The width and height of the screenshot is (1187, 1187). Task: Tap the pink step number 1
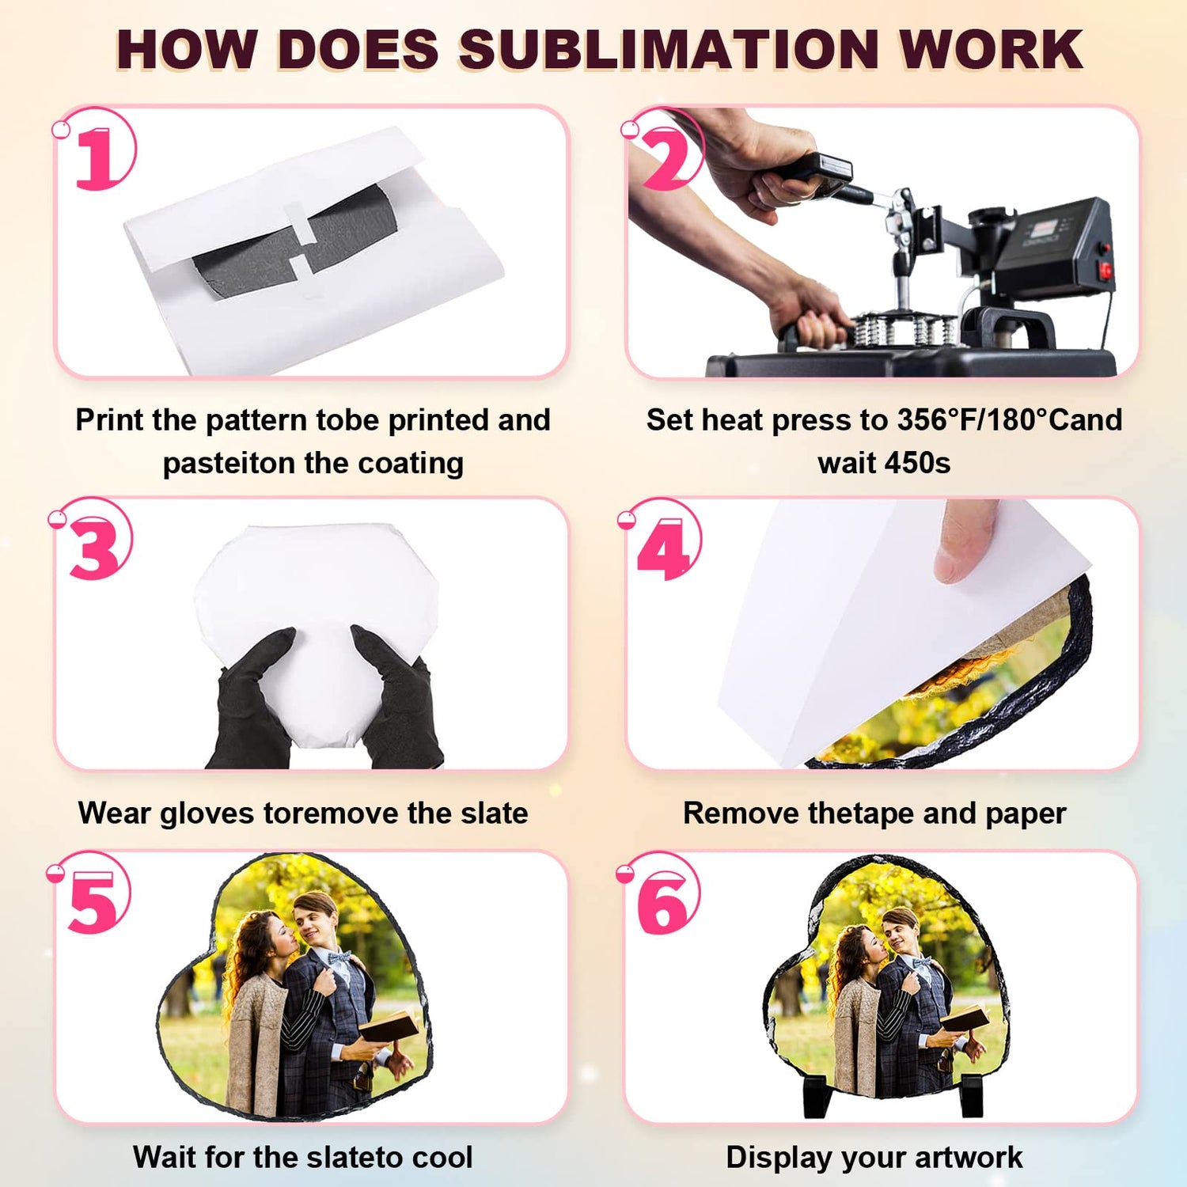pyautogui.click(x=97, y=157)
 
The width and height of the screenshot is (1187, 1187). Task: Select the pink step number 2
pyautogui.click(x=669, y=158)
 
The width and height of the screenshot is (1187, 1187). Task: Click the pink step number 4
pyautogui.click(x=665, y=548)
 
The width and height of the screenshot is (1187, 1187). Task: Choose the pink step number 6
pyautogui.click(x=663, y=903)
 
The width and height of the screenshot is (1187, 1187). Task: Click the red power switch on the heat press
pyautogui.click(x=1105, y=270)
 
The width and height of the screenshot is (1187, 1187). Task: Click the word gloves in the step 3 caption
pyautogui.click(x=207, y=814)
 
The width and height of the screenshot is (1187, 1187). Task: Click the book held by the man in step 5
pyautogui.click(x=389, y=1026)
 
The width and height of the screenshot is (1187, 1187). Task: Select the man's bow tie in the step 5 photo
pyautogui.click(x=339, y=958)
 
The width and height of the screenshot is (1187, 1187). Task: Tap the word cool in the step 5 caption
pyautogui.click(x=442, y=1158)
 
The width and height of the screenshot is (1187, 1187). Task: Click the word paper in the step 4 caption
pyautogui.click(x=1026, y=814)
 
